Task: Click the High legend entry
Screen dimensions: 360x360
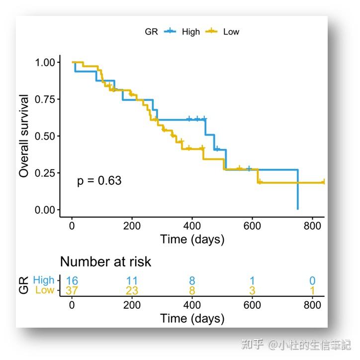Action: pyautogui.click(x=190, y=31)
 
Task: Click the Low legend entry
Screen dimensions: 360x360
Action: pyautogui.click(x=231, y=31)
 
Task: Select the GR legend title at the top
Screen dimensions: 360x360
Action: pyautogui.click(x=151, y=31)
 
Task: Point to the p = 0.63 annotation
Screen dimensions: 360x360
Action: pyautogui.click(x=99, y=181)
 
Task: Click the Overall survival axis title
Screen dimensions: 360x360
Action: pyautogui.click(x=24, y=136)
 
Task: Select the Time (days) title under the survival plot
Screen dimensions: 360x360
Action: pyautogui.click(x=192, y=239)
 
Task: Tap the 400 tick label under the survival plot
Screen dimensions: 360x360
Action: pyautogui.click(x=192, y=224)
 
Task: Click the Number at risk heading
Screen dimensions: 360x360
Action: pyautogui.click(x=105, y=261)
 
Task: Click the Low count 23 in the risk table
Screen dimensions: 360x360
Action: pyautogui.click(x=132, y=291)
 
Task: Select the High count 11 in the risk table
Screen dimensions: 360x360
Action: pyautogui.click(x=132, y=281)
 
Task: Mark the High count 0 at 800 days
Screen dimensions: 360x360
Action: pyautogui.click(x=312, y=281)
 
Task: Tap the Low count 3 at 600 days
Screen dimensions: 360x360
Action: pyautogui.click(x=252, y=291)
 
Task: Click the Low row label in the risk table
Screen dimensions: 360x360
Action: pyautogui.click(x=45, y=290)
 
